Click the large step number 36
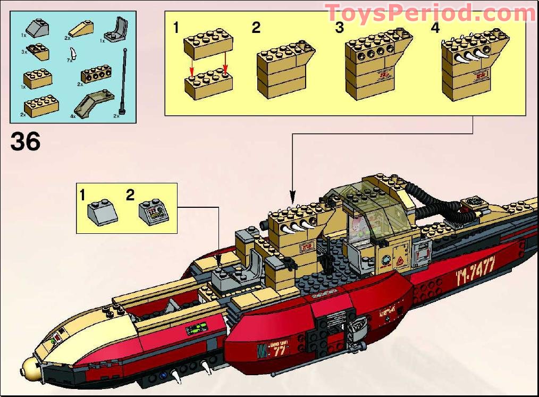[x=25, y=142]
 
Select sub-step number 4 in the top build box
[x=435, y=28]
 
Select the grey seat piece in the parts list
[x=119, y=30]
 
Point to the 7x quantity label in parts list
[x=68, y=62]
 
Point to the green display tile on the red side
[x=195, y=331]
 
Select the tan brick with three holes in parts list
[x=96, y=75]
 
